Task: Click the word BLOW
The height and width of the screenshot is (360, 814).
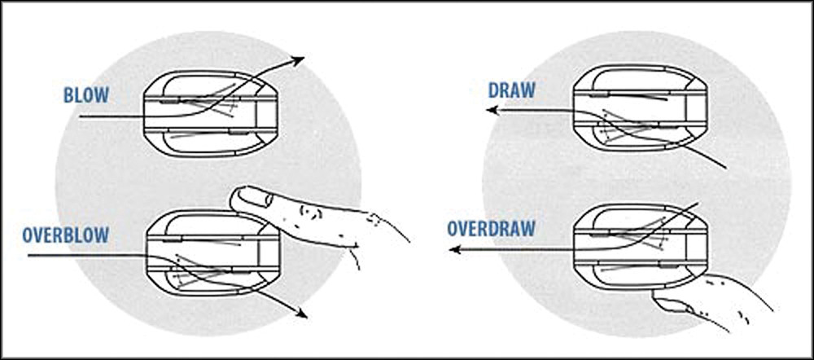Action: click(x=86, y=95)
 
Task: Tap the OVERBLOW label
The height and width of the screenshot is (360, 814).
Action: click(x=66, y=235)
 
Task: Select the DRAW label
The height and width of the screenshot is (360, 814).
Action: click(x=511, y=91)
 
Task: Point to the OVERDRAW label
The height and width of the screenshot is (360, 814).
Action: click(x=491, y=229)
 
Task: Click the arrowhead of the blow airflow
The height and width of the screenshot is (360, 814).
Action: click(x=298, y=60)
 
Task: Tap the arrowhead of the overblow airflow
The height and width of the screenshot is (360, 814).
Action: click(x=300, y=313)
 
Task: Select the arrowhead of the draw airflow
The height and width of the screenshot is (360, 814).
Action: click(x=491, y=110)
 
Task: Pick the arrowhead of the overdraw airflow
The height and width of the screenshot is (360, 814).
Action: click(x=455, y=250)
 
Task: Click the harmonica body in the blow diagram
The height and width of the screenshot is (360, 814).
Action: click(x=212, y=113)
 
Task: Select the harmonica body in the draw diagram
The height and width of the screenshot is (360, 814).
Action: click(x=640, y=108)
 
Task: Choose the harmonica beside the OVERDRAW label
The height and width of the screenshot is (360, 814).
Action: click(x=640, y=246)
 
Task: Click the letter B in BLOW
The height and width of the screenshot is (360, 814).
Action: click(x=68, y=95)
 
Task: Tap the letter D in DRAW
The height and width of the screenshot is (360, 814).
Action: click(x=494, y=91)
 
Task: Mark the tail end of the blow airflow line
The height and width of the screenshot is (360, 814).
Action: click(x=80, y=117)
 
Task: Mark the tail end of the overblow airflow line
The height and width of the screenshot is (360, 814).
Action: click(x=28, y=256)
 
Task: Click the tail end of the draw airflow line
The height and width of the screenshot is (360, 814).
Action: click(x=725, y=168)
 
